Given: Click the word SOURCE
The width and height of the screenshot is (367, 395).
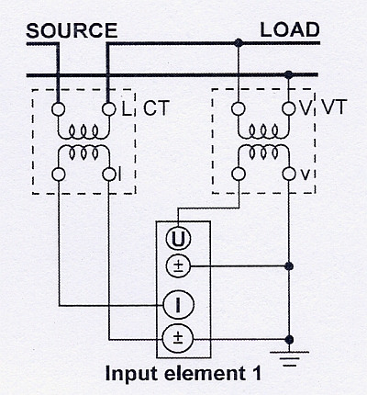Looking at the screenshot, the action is tap(72, 30).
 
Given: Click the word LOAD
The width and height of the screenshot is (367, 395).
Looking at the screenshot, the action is tap(290, 29).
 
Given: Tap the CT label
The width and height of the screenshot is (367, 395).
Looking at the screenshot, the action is tap(156, 107).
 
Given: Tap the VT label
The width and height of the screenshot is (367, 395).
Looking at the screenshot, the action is tap(333, 107).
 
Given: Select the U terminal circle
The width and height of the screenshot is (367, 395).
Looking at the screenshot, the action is tap(178, 239).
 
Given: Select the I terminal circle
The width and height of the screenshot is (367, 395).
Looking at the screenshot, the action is tap(178, 305).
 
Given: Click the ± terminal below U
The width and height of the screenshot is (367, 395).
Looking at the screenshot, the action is tap(178, 266).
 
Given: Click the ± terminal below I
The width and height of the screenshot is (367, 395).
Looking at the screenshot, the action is tap(178, 339).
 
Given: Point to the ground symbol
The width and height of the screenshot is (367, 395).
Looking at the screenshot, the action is tap(289, 359).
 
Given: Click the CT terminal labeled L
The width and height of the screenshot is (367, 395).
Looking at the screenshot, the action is tap(109, 109).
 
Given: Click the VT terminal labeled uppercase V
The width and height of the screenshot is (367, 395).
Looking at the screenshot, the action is tap(288, 108).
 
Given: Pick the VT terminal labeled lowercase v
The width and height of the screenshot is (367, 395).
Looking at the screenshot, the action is tap(288, 175).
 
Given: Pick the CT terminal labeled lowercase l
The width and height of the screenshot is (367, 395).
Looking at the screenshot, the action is tap(109, 175).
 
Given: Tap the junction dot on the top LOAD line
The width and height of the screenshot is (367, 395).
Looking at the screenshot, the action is tap(239, 42).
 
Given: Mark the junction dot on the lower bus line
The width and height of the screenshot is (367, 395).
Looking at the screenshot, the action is tap(288, 74).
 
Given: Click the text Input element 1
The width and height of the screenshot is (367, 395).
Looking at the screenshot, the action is tap(183, 374).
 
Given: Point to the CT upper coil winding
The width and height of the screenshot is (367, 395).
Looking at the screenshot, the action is tap(83, 132).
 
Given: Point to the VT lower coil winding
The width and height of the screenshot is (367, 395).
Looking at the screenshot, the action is tap(263, 152).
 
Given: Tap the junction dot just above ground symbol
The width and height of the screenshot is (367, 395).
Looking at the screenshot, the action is tap(289, 340).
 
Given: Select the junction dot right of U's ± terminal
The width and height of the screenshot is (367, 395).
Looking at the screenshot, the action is tap(288, 266).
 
